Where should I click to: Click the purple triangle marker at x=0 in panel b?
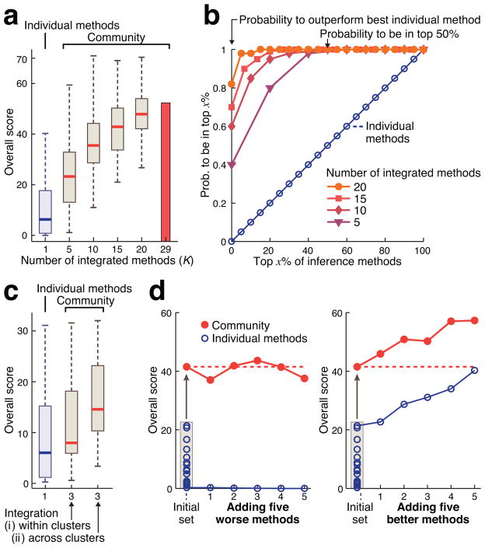click(x=231, y=165)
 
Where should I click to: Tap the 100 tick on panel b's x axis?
click(x=424, y=253)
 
